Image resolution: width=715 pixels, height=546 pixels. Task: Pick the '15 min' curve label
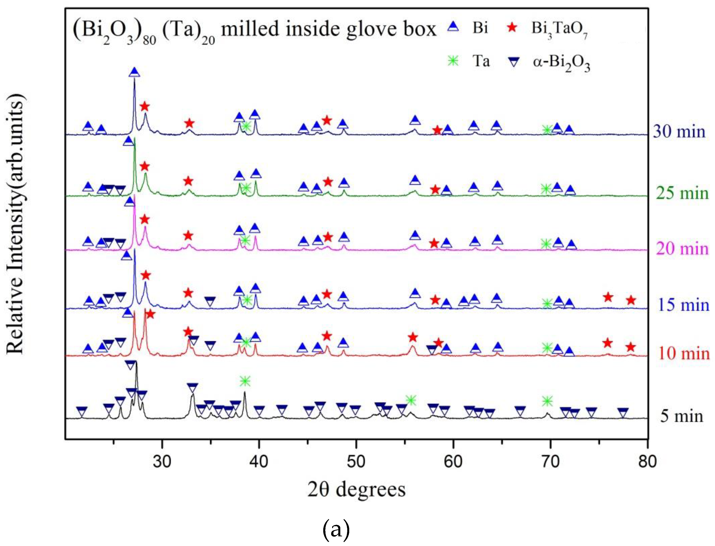tap(684, 305)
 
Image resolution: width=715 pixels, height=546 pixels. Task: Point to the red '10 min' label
tap(684, 353)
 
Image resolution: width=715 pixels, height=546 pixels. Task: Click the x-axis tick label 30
tap(162, 461)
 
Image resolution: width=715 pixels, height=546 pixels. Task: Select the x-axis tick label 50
tap(356, 461)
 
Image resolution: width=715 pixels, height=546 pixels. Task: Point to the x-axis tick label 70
tap(550, 461)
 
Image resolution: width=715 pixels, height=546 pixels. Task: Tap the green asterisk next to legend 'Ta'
tap(453, 61)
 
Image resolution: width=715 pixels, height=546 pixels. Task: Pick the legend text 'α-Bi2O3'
tap(561, 63)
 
